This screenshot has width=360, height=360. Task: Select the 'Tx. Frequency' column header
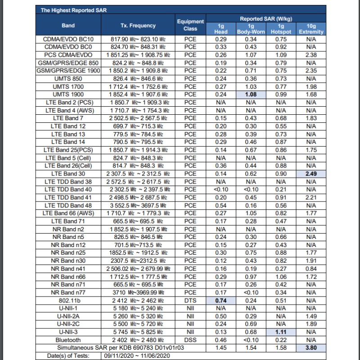pos(138,26)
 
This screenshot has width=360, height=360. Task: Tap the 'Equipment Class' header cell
pos(190,25)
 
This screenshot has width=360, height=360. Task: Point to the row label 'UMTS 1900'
pos(68,94)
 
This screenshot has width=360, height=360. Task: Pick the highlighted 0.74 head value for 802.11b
pos(221,300)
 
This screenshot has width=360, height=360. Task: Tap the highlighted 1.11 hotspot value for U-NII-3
pos(281,332)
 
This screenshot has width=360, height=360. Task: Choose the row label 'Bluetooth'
pos(68,340)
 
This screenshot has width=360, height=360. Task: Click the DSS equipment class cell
pos(190,340)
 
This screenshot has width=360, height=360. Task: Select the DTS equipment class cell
pos(190,300)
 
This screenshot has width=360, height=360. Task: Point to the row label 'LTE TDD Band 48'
pos(68,205)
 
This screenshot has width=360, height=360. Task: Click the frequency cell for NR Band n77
pos(138,292)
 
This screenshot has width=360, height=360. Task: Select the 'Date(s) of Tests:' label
pos(68,355)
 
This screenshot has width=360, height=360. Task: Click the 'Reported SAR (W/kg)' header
pos(266,19)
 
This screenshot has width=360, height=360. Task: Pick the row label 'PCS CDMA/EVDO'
pos(68,55)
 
